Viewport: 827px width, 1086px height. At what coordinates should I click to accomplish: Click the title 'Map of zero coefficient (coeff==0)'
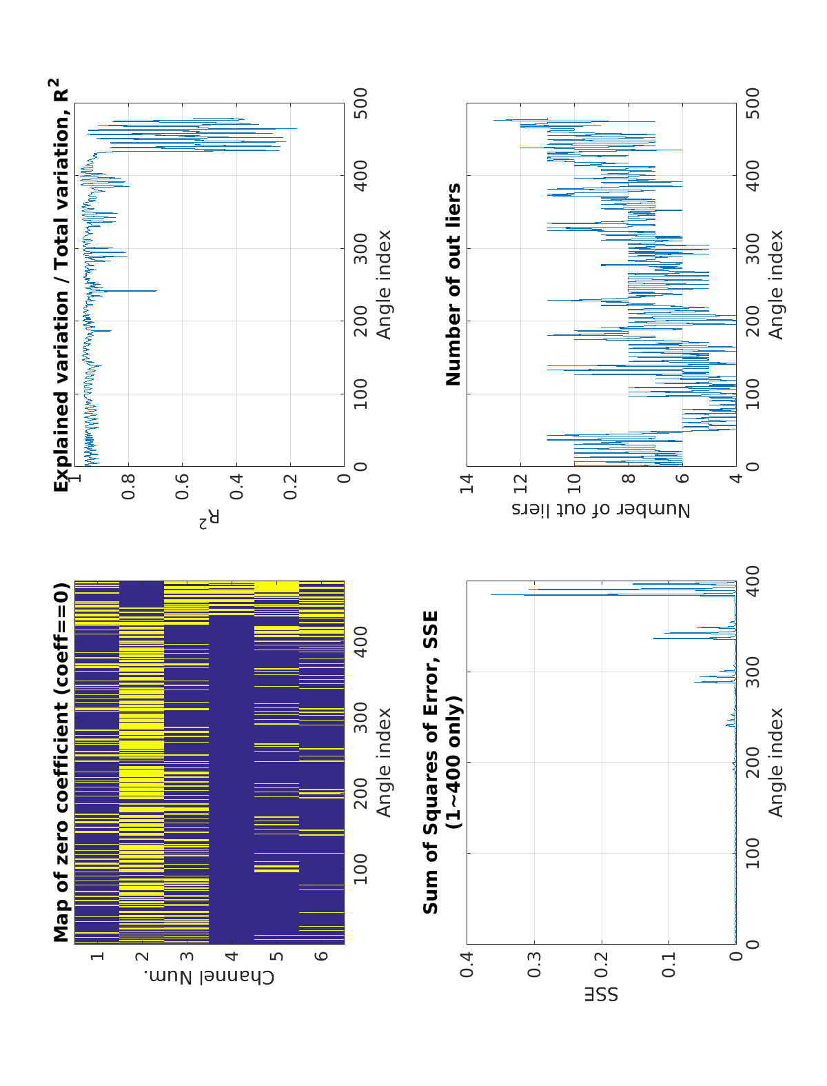(x=61, y=762)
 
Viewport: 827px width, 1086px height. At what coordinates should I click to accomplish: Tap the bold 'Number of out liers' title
(x=453, y=284)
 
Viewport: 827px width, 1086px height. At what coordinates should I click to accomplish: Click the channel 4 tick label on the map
(x=232, y=956)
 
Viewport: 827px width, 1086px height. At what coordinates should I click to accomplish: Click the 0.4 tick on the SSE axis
(x=467, y=963)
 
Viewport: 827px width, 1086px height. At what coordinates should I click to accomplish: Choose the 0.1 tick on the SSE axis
(x=668, y=963)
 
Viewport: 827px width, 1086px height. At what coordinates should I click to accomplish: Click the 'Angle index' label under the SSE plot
(x=776, y=762)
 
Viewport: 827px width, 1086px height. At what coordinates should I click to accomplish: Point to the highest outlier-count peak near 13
(x=494, y=120)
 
